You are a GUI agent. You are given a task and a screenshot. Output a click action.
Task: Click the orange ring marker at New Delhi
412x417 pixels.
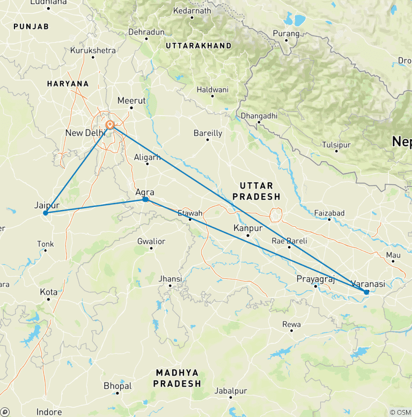point(109,125)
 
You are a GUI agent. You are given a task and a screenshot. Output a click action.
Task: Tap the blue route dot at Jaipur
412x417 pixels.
point(46,213)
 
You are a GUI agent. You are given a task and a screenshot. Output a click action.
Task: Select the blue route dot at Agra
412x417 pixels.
point(145,200)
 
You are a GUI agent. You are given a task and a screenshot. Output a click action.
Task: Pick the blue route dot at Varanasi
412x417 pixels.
point(366,292)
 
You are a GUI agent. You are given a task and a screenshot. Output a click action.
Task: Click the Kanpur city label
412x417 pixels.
point(248,228)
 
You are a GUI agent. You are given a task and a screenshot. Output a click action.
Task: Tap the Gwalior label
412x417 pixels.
point(151,241)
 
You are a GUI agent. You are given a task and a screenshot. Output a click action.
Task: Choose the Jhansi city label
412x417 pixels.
point(171,279)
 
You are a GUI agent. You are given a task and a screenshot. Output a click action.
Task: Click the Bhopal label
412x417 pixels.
point(117,386)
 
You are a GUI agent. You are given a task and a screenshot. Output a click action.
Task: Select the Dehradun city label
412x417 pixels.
point(146,32)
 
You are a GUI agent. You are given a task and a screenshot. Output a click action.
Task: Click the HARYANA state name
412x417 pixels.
point(68,84)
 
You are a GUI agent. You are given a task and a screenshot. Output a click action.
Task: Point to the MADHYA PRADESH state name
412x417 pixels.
point(177,378)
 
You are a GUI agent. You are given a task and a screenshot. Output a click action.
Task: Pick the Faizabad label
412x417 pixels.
point(329,213)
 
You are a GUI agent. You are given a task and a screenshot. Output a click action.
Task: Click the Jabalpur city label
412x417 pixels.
point(231,391)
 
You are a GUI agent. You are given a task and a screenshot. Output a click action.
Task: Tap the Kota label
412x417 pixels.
point(49,292)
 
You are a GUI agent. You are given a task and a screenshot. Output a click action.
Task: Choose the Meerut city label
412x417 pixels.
point(131,101)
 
